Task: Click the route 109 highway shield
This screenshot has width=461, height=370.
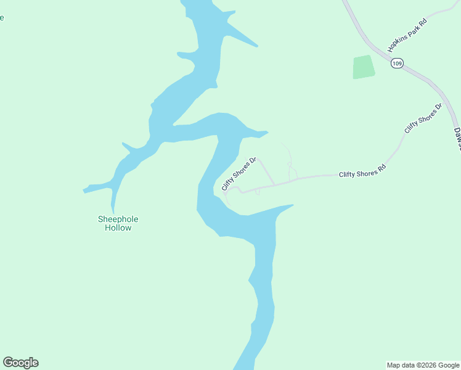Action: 397,64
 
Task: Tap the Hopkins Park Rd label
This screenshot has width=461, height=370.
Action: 407,35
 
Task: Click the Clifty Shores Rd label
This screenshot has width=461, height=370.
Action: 362,171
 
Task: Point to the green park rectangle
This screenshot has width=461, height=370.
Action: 364,67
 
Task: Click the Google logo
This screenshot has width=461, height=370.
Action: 20,363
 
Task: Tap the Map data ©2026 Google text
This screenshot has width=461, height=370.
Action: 422,365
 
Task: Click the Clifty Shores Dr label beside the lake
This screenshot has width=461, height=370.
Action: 238,173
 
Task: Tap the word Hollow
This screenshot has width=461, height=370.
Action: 118,228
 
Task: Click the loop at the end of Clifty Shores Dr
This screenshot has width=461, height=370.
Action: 230,193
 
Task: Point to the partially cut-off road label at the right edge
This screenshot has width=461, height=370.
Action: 457,138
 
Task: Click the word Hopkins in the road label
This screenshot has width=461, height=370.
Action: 396,43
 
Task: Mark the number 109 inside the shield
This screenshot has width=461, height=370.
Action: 397,64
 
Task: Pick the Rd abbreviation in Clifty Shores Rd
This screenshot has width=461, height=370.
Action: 381,167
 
